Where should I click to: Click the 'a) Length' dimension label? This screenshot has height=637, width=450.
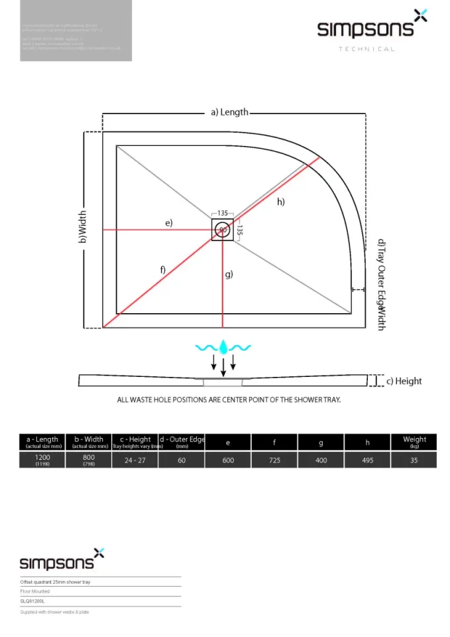[x=229, y=112]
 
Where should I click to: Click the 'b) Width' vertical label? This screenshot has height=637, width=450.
[x=83, y=227]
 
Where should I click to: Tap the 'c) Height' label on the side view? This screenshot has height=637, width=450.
[x=404, y=381]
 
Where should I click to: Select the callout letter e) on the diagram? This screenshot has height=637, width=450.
[x=169, y=223]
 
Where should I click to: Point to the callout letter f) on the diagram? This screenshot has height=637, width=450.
[x=162, y=269]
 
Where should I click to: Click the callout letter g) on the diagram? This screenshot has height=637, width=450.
[x=229, y=273]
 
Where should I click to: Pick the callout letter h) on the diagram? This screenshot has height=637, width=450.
[x=281, y=202]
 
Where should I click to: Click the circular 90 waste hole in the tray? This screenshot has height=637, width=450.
[x=223, y=230]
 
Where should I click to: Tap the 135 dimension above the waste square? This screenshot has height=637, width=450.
[x=223, y=214]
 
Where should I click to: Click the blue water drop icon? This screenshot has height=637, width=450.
[x=223, y=346]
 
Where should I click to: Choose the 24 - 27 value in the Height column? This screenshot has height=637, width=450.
[x=135, y=460]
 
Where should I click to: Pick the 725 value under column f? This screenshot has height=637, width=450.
[x=274, y=460]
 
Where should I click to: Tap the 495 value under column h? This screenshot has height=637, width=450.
[x=368, y=460]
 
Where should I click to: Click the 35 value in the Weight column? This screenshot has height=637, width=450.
[x=414, y=460]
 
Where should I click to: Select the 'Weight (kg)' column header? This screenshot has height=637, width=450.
[x=414, y=442]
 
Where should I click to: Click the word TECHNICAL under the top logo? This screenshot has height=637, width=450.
[x=366, y=49]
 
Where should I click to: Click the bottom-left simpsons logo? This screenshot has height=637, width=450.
[x=62, y=561]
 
